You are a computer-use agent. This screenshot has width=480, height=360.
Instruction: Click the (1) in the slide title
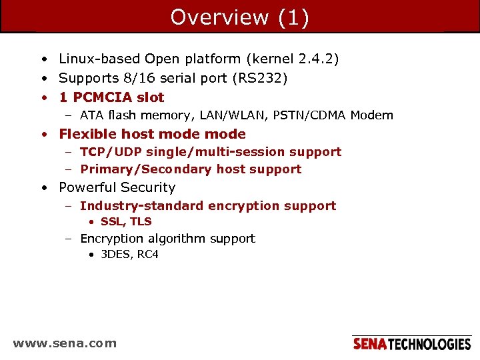(x=292, y=17)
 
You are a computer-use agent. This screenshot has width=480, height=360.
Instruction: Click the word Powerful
(x=86, y=188)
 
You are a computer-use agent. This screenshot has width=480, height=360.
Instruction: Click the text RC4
(x=148, y=255)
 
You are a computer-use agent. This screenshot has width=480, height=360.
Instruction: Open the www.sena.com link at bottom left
(x=65, y=344)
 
